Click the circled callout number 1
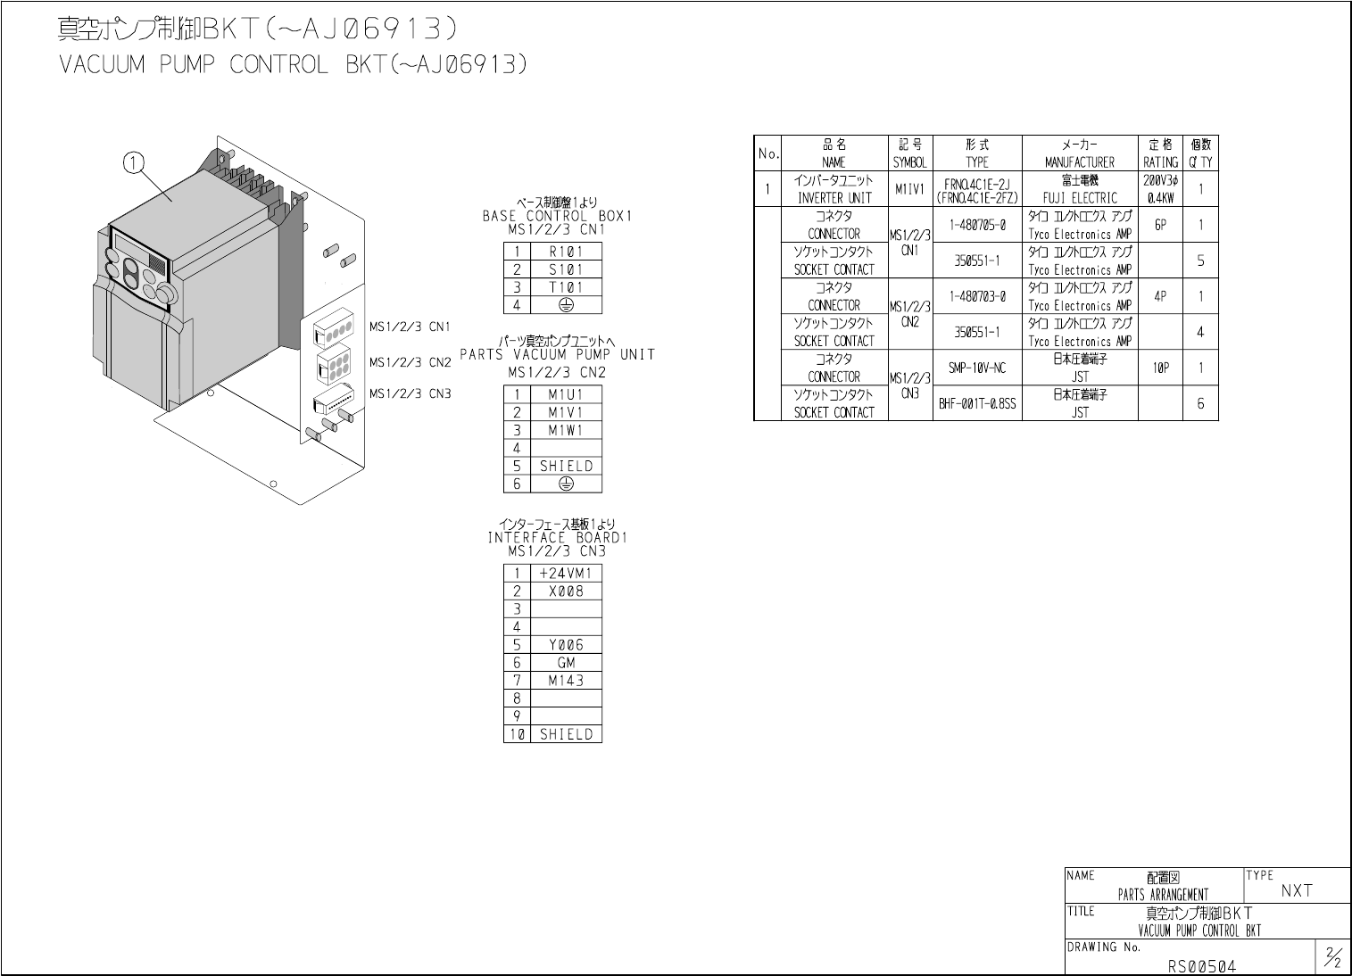(134, 162)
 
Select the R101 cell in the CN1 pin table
(566, 252)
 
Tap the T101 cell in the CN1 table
(566, 287)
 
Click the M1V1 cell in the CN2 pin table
(566, 412)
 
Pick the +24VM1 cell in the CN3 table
(566, 573)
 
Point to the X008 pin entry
(566, 591)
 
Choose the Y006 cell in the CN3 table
(566, 644)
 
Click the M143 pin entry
(566, 680)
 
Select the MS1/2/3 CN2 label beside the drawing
(411, 362)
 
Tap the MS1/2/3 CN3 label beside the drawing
(411, 393)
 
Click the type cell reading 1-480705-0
(976, 225)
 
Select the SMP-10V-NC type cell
(976, 368)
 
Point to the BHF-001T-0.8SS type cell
(976, 403)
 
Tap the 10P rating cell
(1160, 368)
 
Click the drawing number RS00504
(1202, 965)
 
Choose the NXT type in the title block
(1297, 890)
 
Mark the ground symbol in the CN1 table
(566, 305)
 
